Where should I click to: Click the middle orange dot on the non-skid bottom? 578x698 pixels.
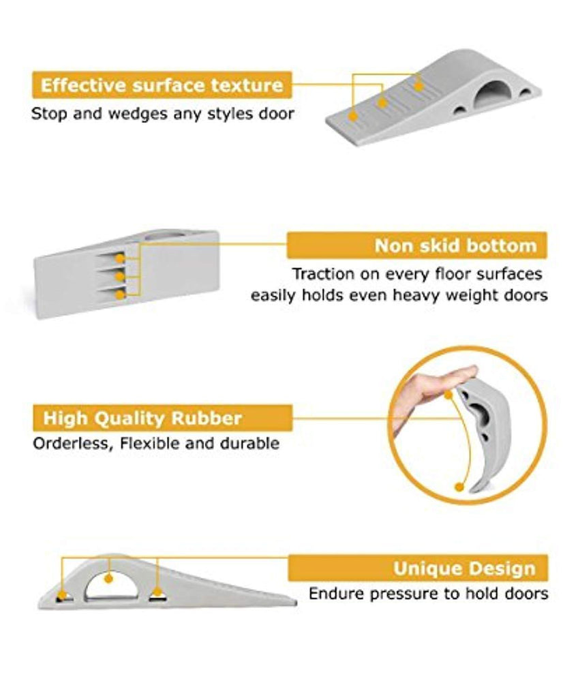click(x=120, y=277)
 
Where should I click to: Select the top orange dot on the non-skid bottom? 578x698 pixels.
click(x=120, y=258)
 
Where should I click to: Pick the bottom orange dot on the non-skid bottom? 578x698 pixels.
click(x=120, y=294)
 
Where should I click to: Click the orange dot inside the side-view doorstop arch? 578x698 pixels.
click(x=108, y=579)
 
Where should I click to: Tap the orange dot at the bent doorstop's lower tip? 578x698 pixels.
click(x=459, y=487)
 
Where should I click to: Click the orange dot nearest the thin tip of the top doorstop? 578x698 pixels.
click(x=353, y=116)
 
